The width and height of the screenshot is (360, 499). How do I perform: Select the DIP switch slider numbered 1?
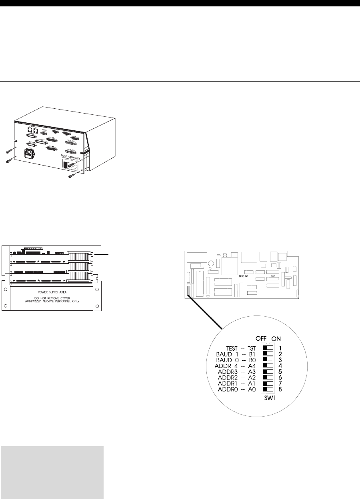(x=268, y=347)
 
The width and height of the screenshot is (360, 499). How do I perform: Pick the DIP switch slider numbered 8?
(x=268, y=389)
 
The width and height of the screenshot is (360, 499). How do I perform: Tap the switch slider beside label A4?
(x=268, y=365)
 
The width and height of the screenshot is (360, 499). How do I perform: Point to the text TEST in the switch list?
(x=233, y=348)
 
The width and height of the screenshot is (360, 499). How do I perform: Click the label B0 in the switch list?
(x=252, y=359)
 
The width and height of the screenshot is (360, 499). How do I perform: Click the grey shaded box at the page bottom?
(x=52, y=472)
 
